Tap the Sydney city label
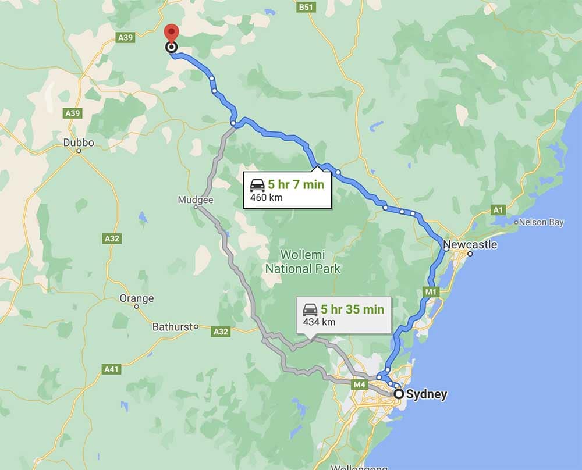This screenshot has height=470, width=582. (427, 394)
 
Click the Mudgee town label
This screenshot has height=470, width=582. (196, 200)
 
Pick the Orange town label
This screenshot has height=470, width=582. (137, 298)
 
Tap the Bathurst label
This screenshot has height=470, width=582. (172, 327)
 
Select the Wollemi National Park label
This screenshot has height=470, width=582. (303, 262)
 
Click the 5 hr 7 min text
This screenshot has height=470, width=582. (296, 186)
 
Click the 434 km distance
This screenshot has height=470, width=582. (319, 322)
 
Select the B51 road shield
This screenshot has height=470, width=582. (306, 7)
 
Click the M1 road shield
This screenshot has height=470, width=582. (431, 291)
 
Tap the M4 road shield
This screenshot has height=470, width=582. (360, 384)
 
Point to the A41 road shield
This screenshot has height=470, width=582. (111, 369)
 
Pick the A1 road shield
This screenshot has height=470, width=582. (498, 209)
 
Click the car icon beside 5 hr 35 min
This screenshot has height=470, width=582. (310, 309)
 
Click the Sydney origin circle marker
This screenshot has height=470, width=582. (399, 394)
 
